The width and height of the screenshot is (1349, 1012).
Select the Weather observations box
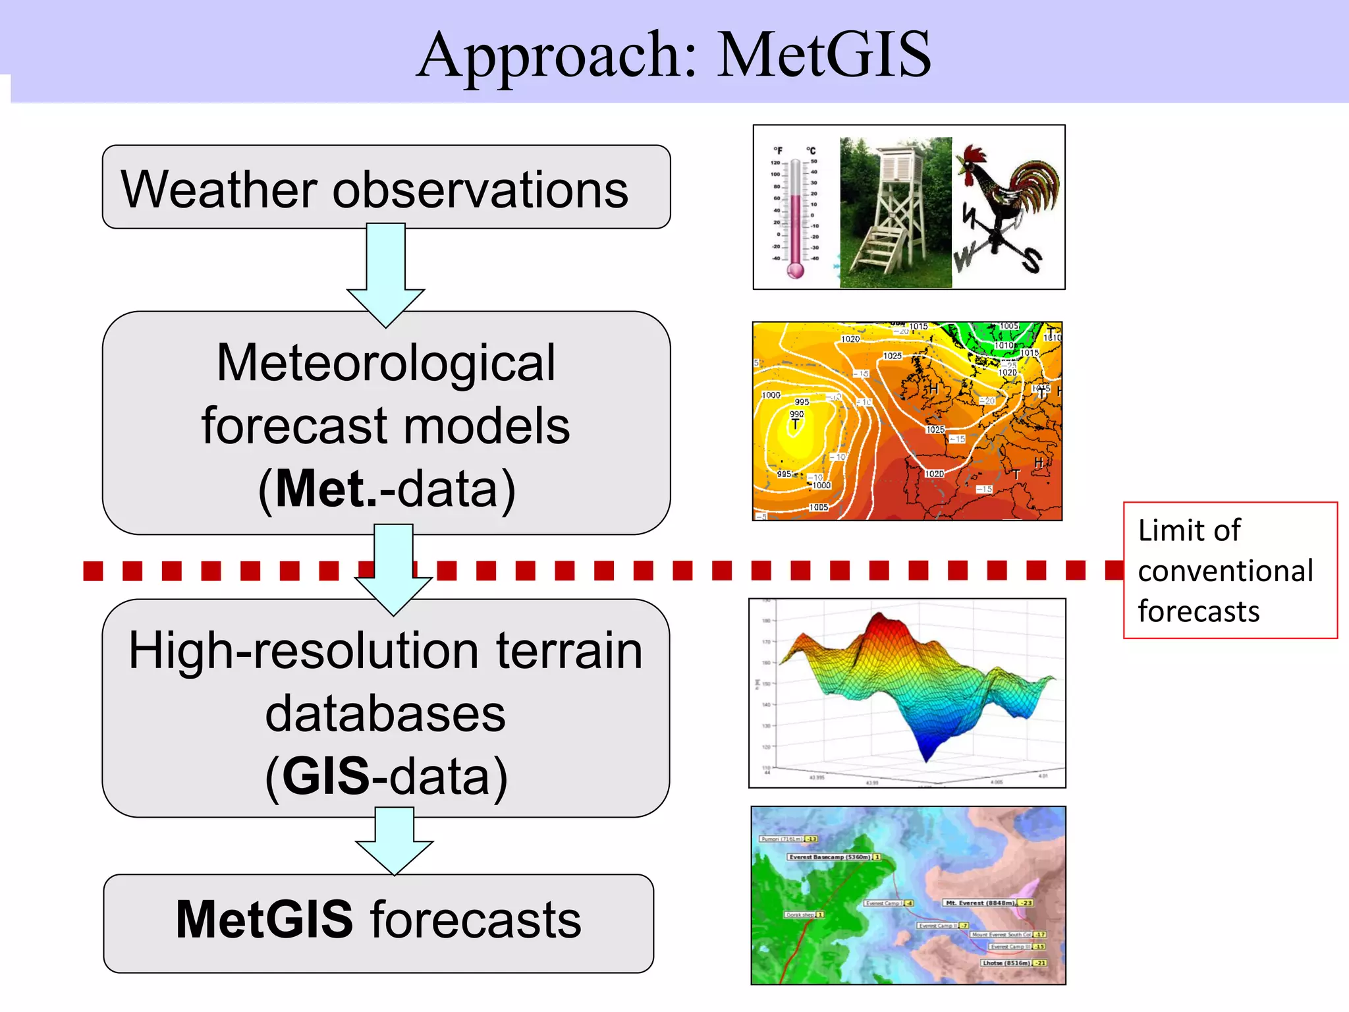click(386, 188)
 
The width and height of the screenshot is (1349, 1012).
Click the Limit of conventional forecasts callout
click(1229, 571)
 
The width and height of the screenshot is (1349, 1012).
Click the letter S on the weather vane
click(1032, 260)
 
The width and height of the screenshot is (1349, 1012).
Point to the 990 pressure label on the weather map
click(796, 414)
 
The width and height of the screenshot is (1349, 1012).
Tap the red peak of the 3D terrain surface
click(880, 623)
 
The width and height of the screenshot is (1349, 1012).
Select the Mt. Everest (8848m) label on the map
click(979, 903)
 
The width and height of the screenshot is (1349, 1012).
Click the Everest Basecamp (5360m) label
click(829, 857)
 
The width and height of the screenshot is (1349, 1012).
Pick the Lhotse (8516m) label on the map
click(1005, 963)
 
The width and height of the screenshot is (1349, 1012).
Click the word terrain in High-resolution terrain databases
click(568, 651)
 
